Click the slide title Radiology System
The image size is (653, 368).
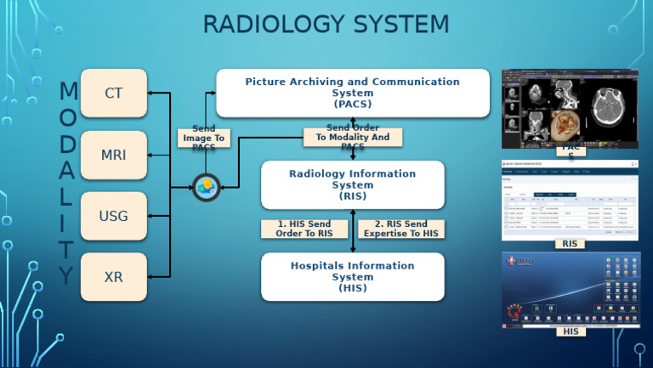pos(326,25)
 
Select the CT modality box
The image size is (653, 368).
pos(114,93)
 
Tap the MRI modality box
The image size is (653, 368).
pos(114,155)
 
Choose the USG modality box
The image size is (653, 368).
pos(114,216)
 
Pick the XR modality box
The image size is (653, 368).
pos(114,277)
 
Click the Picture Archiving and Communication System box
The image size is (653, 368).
pos(352,93)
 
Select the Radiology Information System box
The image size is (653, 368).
pos(352,184)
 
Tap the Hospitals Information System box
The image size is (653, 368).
pos(352,276)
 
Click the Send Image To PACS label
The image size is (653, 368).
pos(204,138)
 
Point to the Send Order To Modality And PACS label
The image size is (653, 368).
pos(352,137)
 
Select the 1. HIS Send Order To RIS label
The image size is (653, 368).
pos(304,229)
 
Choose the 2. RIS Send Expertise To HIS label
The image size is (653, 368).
pos(400,229)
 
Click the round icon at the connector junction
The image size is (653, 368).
pos(207,186)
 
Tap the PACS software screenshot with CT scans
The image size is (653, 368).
pos(570,108)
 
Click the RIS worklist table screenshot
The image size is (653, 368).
pos(570,199)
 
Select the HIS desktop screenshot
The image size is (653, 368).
pos(570,290)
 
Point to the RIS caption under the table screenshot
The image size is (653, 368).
pos(571,244)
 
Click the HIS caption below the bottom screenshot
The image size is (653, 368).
pos(571,331)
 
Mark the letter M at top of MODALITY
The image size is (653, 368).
pos(68,91)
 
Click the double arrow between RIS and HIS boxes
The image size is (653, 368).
pos(353,230)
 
